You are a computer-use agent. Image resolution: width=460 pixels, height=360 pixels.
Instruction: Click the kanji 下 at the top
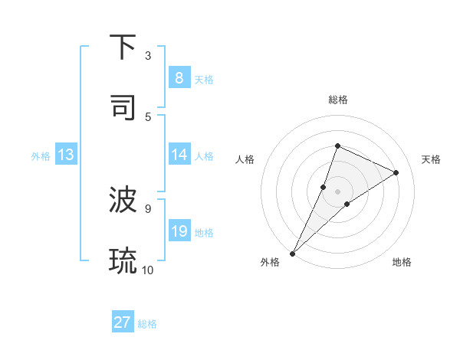(x=123, y=47)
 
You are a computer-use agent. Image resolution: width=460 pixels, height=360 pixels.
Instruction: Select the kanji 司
(x=123, y=107)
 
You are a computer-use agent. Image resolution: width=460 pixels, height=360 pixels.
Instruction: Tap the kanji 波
(x=123, y=201)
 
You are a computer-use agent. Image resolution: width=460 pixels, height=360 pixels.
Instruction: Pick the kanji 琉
(x=123, y=260)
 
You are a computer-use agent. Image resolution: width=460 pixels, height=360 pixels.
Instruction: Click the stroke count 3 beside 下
(x=148, y=56)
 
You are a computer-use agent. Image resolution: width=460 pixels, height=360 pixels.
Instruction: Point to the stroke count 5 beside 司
(x=148, y=116)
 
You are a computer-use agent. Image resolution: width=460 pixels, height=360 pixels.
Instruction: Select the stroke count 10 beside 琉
(x=148, y=270)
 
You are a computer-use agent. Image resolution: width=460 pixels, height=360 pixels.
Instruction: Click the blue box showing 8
(x=179, y=77)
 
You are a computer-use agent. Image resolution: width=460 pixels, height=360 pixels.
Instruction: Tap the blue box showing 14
(x=179, y=155)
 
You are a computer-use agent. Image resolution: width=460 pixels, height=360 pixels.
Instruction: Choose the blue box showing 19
(x=179, y=231)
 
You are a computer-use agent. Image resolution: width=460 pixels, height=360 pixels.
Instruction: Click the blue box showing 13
(x=66, y=155)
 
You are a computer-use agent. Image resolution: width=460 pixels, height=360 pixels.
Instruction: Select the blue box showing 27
(x=123, y=322)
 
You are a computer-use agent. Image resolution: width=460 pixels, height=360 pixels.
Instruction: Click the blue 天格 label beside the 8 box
(x=204, y=79)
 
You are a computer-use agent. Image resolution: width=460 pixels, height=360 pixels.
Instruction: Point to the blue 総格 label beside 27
(x=147, y=324)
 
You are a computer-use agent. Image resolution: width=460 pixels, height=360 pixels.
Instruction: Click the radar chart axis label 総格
(x=337, y=100)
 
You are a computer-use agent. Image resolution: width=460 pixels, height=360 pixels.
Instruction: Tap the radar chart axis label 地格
(x=402, y=262)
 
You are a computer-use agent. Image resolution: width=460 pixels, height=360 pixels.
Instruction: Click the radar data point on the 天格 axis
(x=396, y=172)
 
